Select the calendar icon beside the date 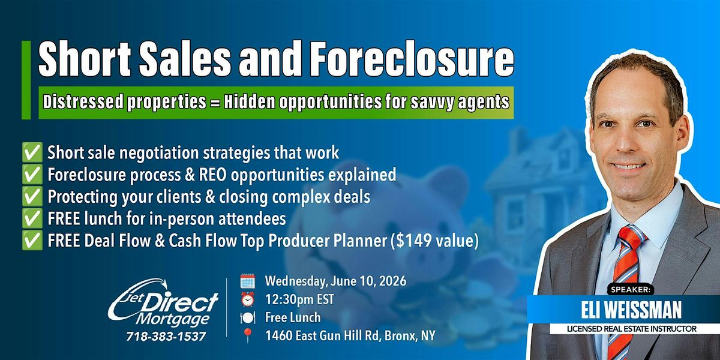pyautogui.click(x=247, y=281)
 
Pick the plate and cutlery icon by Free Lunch pyautogui.click(x=247, y=318)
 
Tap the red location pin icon pyautogui.click(x=247, y=337)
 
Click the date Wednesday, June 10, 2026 pyautogui.click(x=335, y=281)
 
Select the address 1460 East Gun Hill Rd pyautogui.click(x=350, y=337)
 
